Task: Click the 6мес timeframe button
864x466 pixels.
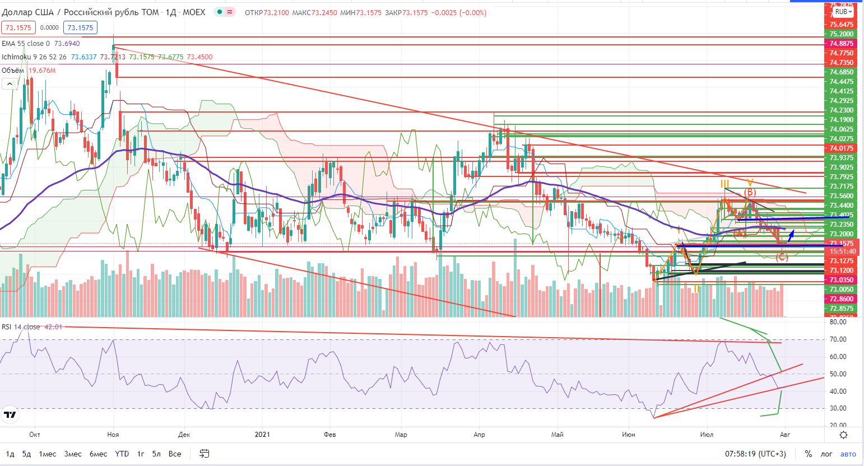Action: pos(98,454)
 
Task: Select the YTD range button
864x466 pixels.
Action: pos(122,454)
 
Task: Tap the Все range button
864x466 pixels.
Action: pos(175,454)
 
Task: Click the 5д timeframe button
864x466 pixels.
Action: pos(26,454)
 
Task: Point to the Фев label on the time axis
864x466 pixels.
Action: pos(329,435)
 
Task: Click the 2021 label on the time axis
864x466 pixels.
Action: pos(262,435)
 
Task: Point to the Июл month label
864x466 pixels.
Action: pos(707,435)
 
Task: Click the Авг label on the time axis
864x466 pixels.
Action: pos(785,435)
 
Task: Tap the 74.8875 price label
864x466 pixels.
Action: pos(841,44)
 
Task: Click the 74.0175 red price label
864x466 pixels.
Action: pos(841,148)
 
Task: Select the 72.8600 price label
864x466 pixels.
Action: pos(841,299)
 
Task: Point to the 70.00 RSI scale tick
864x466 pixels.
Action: pos(838,339)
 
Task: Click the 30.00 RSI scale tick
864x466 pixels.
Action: pos(838,408)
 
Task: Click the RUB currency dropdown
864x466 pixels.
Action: pos(843,12)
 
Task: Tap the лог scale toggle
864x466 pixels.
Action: pos(826,454)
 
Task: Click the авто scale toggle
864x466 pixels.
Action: pos(848,454)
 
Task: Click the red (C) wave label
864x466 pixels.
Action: pos(782,258)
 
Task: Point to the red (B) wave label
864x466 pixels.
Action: pos(750,193)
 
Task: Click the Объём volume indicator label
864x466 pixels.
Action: pos(13,71)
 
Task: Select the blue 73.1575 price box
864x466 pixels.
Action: pos(80,27)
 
